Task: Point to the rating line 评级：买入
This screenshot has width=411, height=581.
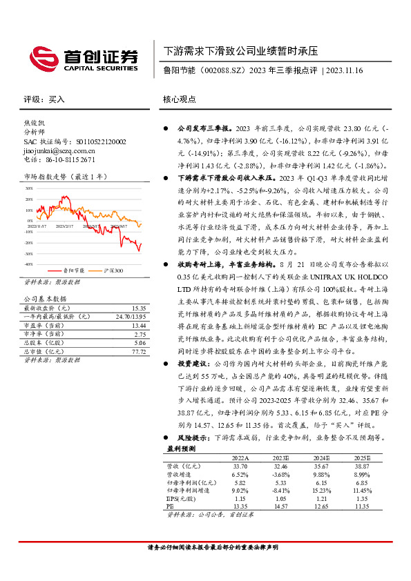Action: click(44, 99)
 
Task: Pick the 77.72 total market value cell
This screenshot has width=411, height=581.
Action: click(138, 351)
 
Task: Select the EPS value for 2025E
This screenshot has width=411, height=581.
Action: click(362, 497)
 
